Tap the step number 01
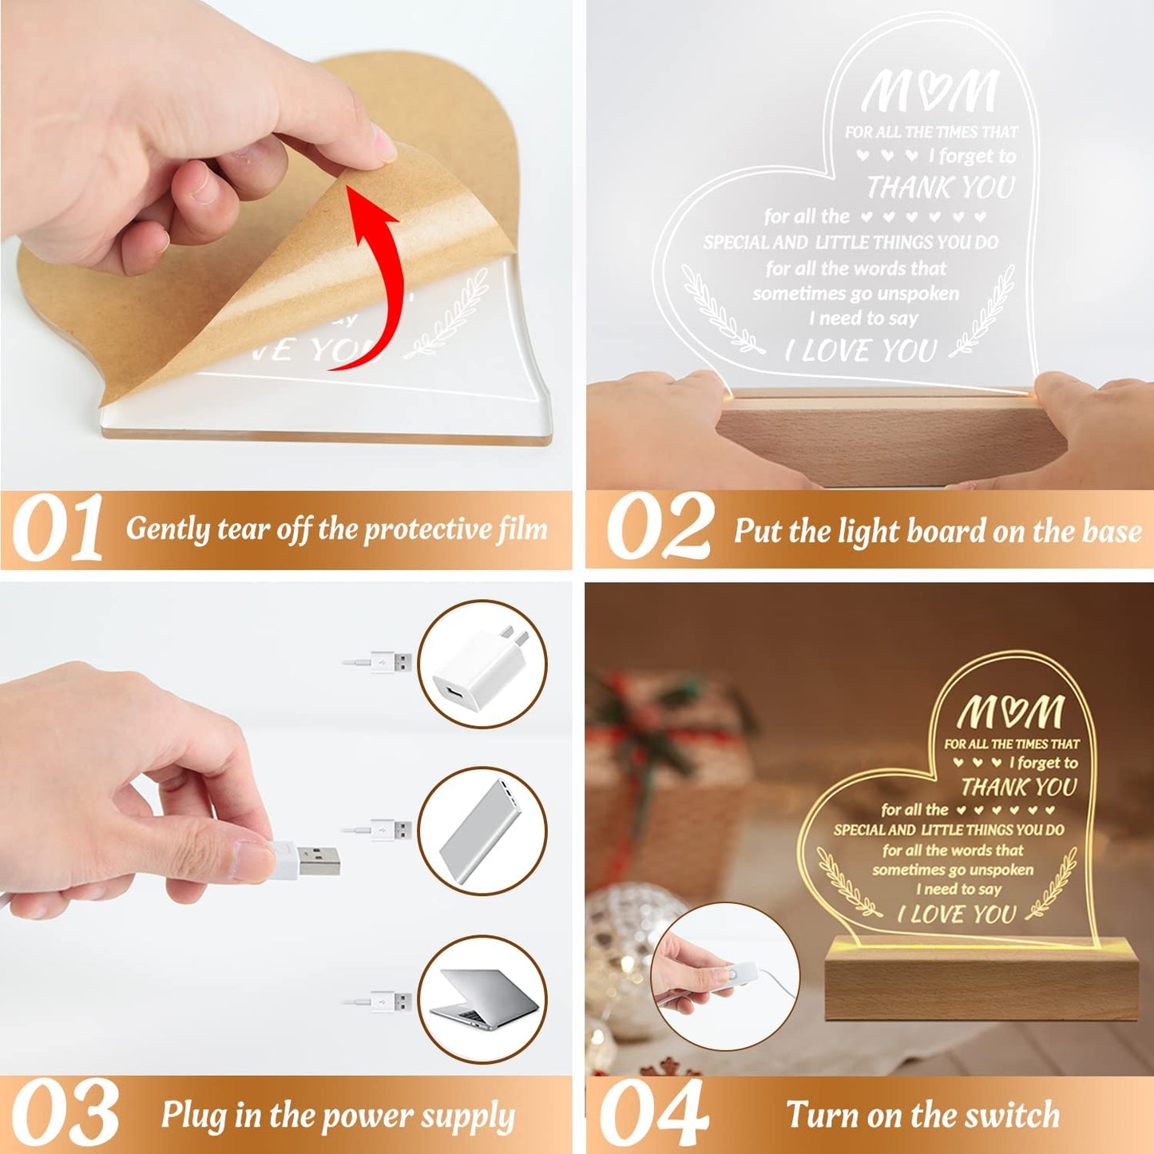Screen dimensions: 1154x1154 point(58,529)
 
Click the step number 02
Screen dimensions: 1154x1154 point(659,529)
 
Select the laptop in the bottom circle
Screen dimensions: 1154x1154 point(484,998)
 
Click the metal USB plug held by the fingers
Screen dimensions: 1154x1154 point(319,859)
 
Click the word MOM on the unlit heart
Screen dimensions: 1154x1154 point(930,92)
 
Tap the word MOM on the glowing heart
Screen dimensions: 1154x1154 point(1011,712)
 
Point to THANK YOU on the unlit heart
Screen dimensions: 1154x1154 point(941,188)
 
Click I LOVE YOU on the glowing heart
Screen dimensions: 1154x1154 point(957,914)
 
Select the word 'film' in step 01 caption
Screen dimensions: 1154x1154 point(522,529)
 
